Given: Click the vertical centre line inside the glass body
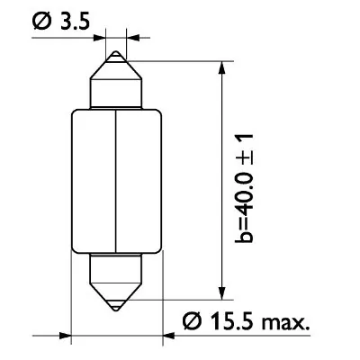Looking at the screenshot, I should (x=117, y=180).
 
